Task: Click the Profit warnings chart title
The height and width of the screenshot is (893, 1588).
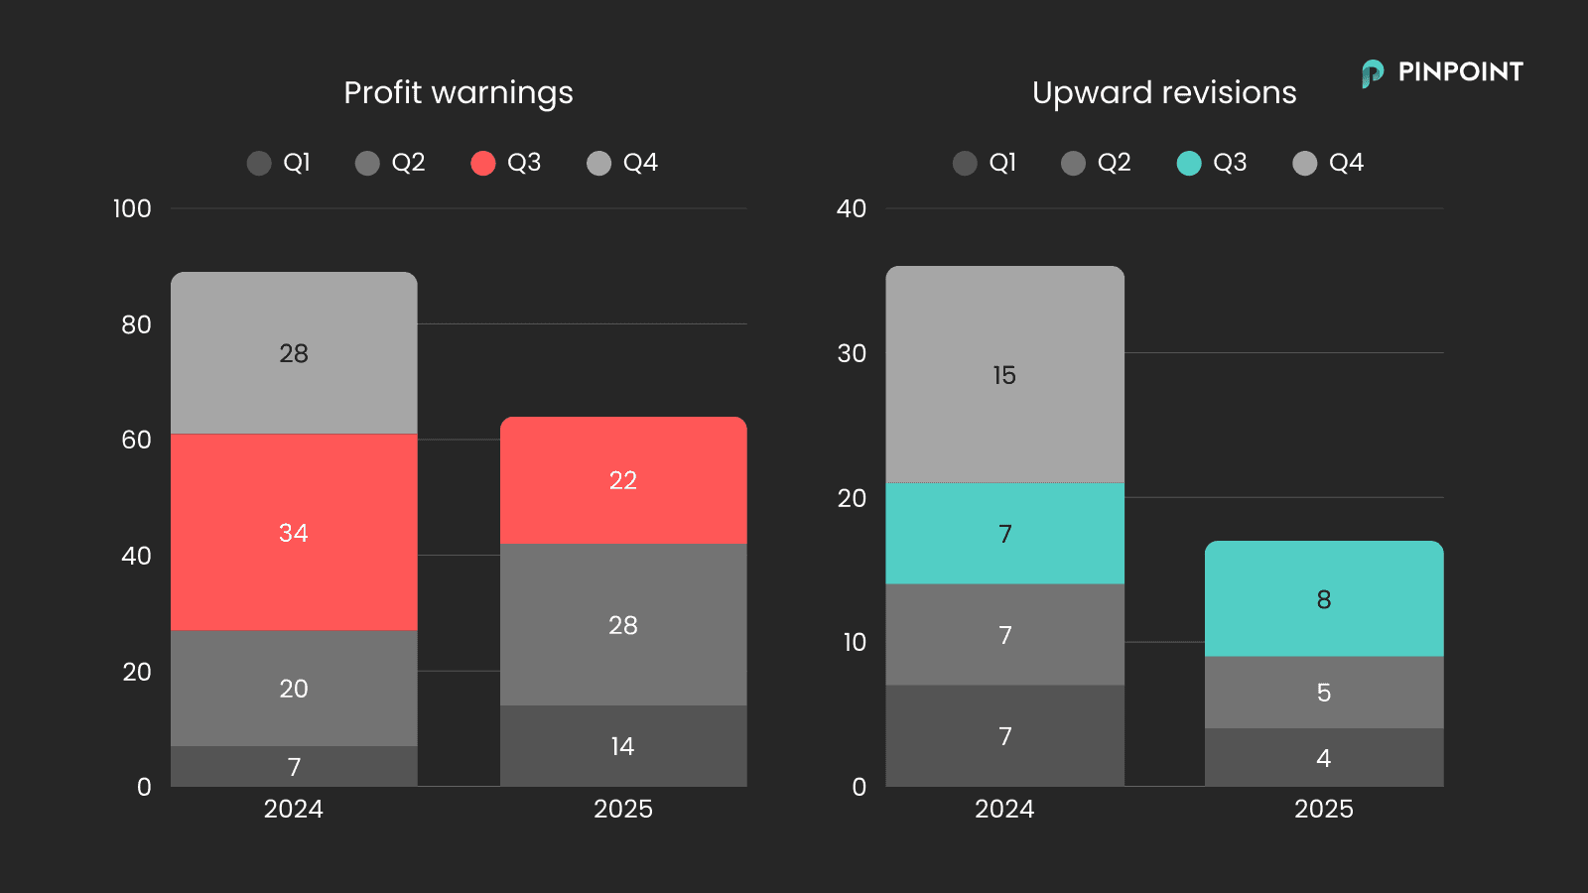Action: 458,92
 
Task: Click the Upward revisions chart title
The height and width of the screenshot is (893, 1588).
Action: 1163,92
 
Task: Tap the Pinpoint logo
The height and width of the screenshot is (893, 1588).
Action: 1442,72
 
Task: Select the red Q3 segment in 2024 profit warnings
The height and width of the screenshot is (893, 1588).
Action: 294,532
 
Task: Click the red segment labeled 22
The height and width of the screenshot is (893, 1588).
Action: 623,480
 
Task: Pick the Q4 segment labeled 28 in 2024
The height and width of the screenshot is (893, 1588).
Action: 294,353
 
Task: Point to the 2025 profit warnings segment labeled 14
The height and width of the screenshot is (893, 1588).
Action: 623,746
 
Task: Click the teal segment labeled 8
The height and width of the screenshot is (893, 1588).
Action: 1324,599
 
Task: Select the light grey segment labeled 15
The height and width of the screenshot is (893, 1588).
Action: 1004,375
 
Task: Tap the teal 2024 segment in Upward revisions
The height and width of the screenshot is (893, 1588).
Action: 1004,534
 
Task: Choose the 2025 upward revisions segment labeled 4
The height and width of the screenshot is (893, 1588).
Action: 1324,758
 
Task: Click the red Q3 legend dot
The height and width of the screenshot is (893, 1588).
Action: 483,163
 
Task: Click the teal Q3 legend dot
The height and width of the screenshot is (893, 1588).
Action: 1189,163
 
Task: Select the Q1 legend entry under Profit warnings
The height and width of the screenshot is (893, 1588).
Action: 279,163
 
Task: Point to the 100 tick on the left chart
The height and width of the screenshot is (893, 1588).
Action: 132,208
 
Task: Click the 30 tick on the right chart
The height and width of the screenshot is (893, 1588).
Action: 852,353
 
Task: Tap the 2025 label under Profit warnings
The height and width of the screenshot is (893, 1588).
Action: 623,809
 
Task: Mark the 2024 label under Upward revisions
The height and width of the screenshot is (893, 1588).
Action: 1004,809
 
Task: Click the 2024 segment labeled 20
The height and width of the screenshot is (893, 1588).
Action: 294,689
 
